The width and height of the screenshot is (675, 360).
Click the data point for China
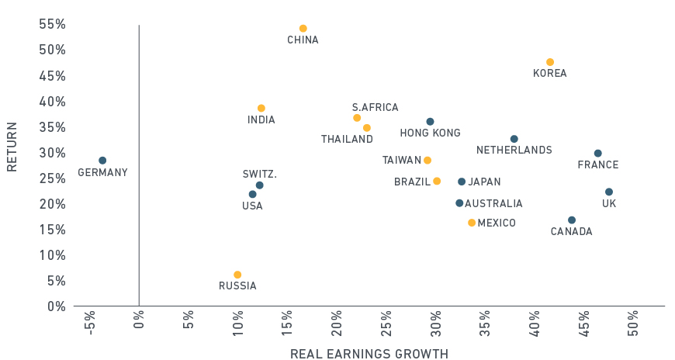click(303, 29)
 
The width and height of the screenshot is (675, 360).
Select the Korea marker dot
click(550, 62)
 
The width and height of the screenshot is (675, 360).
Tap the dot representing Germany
click(102, 161)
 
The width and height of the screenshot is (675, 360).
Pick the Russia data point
click(237, 275)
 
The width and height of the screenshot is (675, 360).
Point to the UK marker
click(609, 192)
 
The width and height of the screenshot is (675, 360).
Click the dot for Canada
click(572, 220)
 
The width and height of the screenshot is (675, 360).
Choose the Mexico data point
click(472, 223)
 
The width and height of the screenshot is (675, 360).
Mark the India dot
click(261, 109)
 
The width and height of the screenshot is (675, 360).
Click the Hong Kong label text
click(430, 133)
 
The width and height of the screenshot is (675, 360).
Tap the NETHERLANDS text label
click(514, 150)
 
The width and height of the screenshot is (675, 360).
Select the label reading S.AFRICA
click(375, 108)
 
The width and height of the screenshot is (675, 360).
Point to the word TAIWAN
click(402, 161)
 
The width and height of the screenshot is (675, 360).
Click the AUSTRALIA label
click(493, 204)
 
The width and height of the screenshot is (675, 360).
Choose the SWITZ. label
click(259, 175)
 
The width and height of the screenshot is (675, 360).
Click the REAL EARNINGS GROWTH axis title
click(369, 354)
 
